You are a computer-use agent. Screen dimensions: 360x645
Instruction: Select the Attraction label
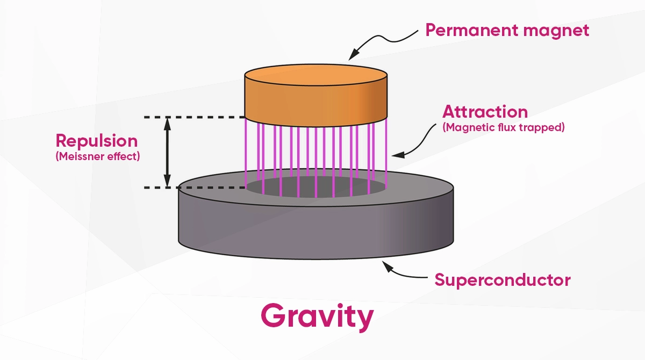pyautogui.click(x=485, y=112)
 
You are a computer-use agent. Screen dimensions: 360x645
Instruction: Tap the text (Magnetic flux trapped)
pyautogui.click(x=503, y=128)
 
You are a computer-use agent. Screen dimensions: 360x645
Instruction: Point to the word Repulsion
pyautogui.click(x=97, y=141)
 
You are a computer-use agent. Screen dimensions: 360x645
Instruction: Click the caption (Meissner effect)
pyautogui.click(x=97, y=157)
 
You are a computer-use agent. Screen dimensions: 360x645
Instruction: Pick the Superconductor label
pyautogui.click(x=503, y=280)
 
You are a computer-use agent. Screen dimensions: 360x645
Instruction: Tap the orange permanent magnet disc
pyautogui.click(x=316, y=99)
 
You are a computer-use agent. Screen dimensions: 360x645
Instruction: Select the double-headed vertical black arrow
pyautogui.click(x=167, y=152)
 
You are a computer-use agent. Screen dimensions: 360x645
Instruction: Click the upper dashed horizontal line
pyautogui.click(x=193, y=117)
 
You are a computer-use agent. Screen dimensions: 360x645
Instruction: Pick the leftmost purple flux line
pyautogui.click(x=246, y=150)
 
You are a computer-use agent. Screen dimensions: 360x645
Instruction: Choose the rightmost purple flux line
pyautogui.click(x=386, y=150)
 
